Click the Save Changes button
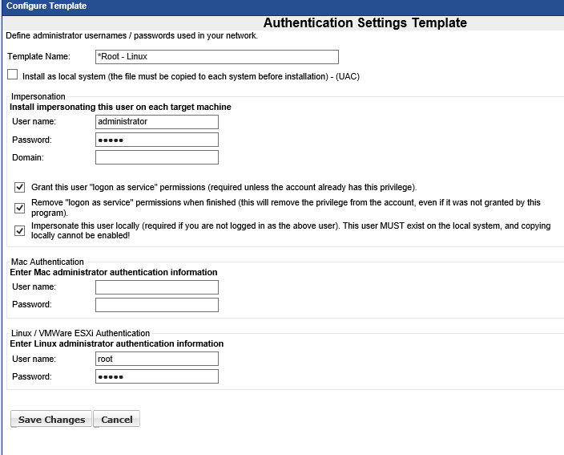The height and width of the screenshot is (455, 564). coord(51,419)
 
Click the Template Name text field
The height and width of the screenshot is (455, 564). coord(216,57)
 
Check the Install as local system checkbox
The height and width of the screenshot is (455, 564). coord(12,75)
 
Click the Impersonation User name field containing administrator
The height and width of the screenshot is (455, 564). coord(156,122)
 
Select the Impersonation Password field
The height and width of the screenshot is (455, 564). coord(156,140)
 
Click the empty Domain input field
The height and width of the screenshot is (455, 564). coord(156,157)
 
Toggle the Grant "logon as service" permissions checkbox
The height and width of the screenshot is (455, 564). coord(20,187)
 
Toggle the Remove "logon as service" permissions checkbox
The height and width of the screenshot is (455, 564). coord(20,208)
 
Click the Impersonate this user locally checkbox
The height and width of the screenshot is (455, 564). coord(20,230)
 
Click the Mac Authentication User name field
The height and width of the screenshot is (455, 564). coord(156,287)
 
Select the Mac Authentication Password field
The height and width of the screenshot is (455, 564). coord(156,305)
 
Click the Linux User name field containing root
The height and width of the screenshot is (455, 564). coord(156,359)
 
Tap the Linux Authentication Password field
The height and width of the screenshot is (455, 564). coord(156,376)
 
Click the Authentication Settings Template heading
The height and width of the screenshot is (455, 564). coord(365,23)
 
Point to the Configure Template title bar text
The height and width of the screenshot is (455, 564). coord(46,6)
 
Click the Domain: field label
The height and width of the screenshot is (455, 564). coord(28,157)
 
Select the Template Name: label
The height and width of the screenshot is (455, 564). coord(39,57)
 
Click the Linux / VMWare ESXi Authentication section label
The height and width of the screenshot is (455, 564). coord(80,333)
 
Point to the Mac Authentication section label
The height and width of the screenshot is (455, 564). coord(47,262)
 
